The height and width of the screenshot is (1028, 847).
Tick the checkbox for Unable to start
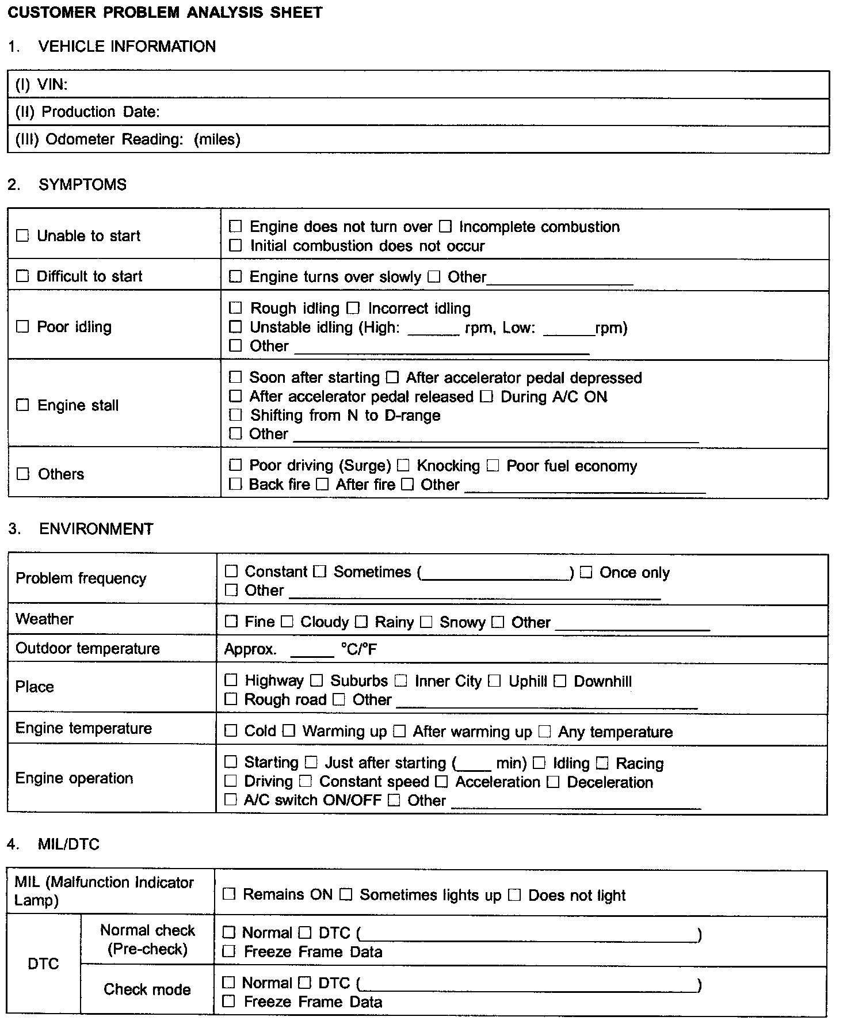click(x=22, y=235)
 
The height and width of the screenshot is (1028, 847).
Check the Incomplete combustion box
click(x=445, y=226)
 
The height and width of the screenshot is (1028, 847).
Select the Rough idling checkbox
click(x=235, y=308)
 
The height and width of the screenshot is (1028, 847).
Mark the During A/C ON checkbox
click(x=487, y=397)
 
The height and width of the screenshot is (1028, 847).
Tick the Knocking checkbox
click(x=404, y=465)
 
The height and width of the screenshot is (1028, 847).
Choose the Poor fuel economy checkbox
click(x=493, y=465)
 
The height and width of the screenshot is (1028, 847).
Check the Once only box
click(x=586, y=572)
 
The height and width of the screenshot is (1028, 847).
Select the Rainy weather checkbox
click(x=361, y=622)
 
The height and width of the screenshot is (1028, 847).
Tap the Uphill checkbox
click(x=495, y=681)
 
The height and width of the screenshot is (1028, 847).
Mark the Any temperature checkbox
click(x=545, y=732)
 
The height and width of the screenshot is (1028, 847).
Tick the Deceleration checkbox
click(x=554, y=782)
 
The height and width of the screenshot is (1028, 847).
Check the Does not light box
click(x=515, y=895)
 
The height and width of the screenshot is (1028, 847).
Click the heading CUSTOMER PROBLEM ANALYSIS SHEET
click(x=165, y=12)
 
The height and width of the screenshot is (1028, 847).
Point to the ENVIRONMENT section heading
click(x=96, y=529)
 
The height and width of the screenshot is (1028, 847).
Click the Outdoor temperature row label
click(x=87, y=648)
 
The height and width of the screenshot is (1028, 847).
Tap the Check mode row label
click(x=147, y=989)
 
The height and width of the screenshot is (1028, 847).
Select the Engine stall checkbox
click(x=22, y=405)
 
